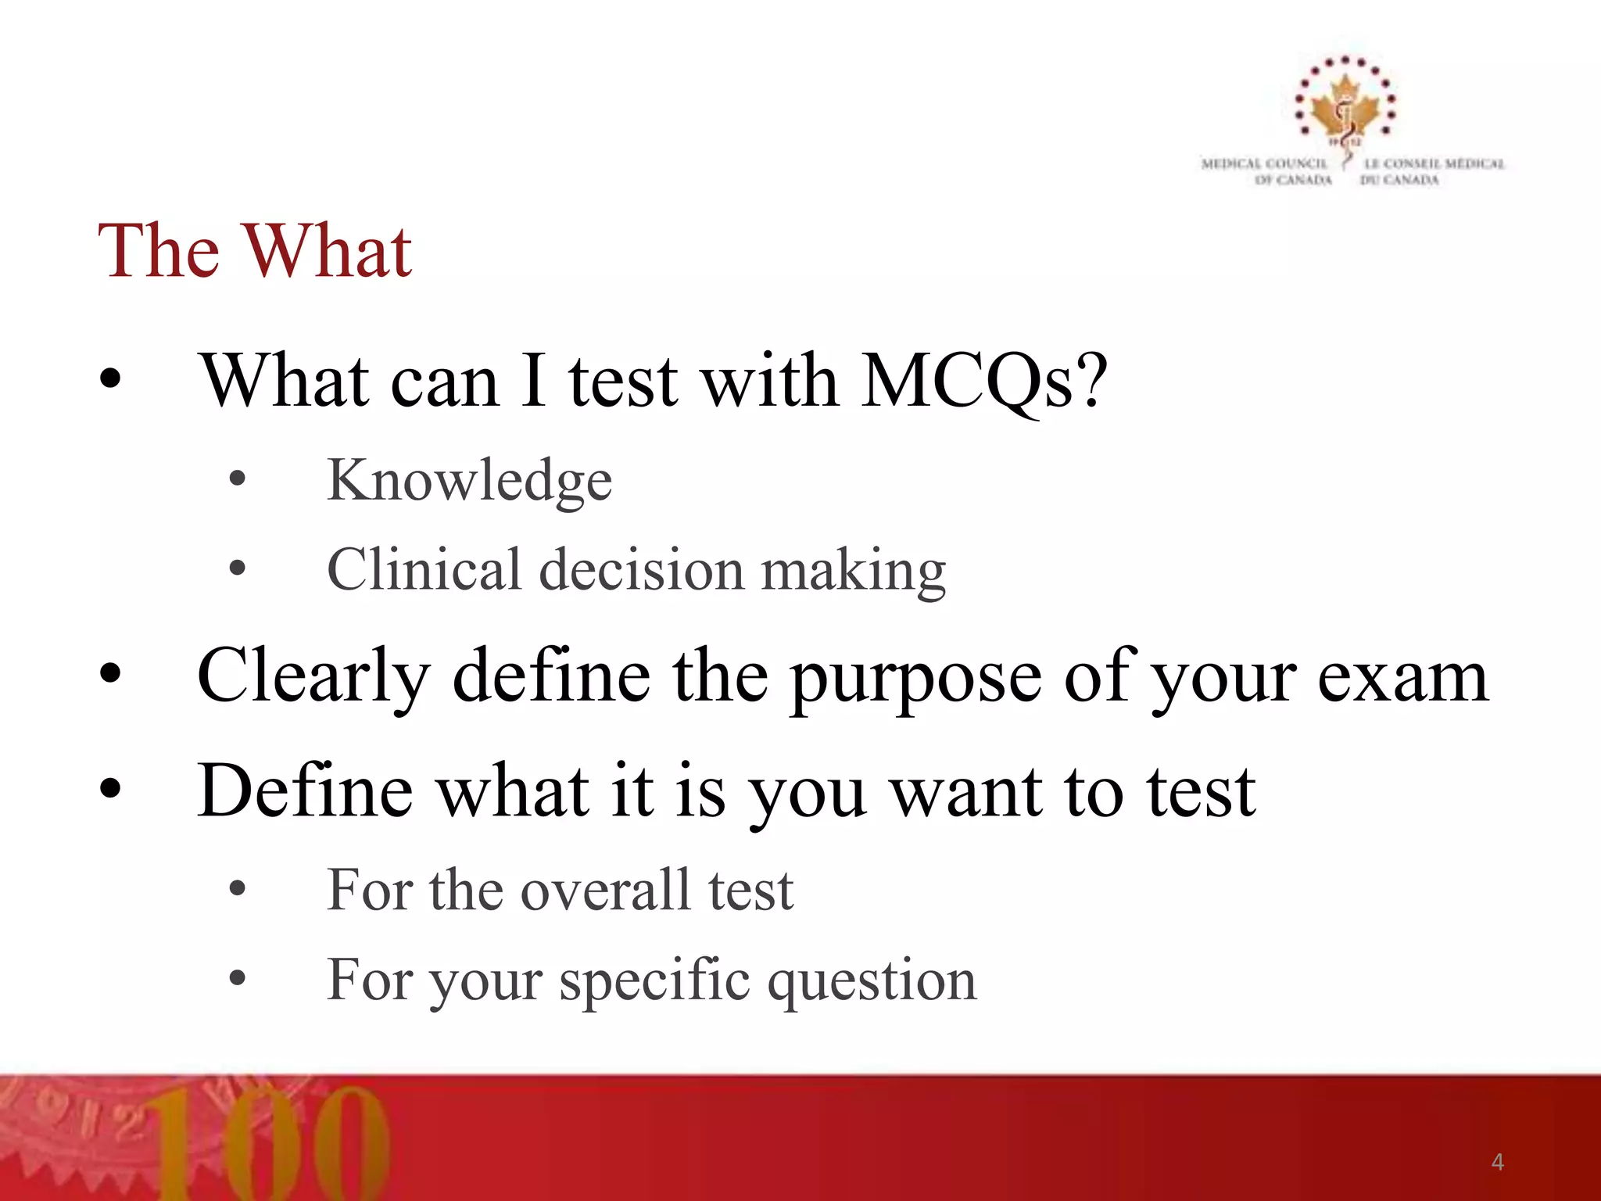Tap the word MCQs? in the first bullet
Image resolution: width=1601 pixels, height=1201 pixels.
[983, 382]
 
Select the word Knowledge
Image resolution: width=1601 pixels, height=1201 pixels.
[469, 480]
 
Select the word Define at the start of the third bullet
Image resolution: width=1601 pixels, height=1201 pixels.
[305, 791]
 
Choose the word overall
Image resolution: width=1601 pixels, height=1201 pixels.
[606, 890]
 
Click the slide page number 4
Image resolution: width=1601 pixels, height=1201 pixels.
[1497, 1162]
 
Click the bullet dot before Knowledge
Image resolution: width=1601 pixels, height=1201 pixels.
[238, 479]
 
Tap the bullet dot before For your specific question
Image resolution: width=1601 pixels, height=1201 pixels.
[238, 977]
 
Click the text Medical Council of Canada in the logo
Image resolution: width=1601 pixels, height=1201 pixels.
[1266, 171]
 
